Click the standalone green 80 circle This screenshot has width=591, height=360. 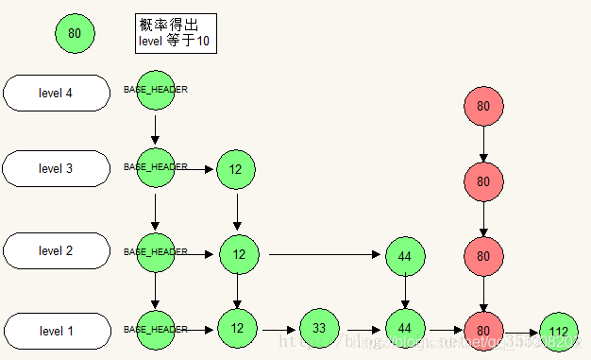click(75, 34)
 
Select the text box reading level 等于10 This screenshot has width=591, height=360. click(176, 34)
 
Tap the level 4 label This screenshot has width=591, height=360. click(56, 93)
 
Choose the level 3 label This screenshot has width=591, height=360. click(56, 168)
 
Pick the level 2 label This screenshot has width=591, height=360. click(56, 250)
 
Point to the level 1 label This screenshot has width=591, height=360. click(56, 331)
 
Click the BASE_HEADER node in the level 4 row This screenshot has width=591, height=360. click(156, 90)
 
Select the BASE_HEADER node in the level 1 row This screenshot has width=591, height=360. click(156, 329)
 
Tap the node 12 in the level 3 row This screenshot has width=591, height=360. click(236, 169)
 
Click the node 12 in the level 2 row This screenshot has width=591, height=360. click(239, 254)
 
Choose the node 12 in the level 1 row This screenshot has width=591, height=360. click(237, 328)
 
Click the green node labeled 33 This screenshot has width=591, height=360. click(319, 328)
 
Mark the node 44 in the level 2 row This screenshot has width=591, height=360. click(405, 255)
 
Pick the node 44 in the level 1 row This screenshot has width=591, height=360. click(405, 328)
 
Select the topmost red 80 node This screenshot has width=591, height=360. click(483, 107)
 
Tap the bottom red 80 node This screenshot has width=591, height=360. click(483, 330)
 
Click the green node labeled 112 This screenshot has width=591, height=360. click(558, 331)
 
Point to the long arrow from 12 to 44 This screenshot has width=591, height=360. click(326, 254)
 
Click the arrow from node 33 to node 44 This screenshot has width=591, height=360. click(362, 330)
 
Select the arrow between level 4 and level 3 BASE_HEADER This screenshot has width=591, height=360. click(156, 128)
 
